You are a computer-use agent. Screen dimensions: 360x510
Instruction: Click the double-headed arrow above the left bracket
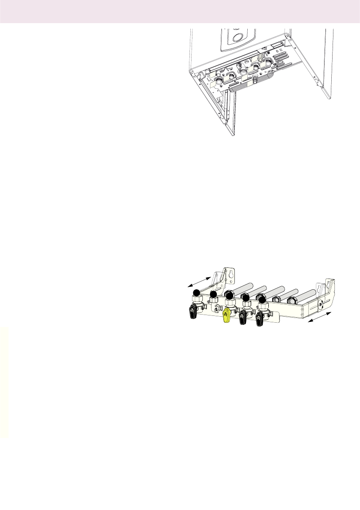[x=198, y=281]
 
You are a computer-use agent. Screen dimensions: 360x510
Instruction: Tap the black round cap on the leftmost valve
[x=196, y=293]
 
